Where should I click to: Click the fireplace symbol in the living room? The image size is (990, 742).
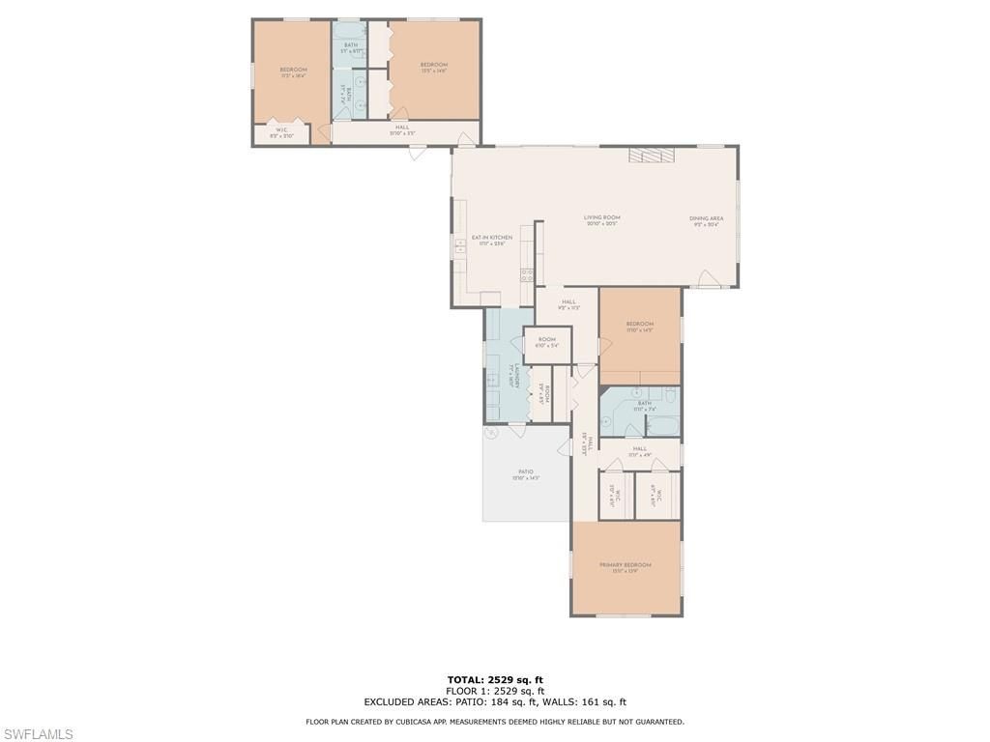coord(649,155)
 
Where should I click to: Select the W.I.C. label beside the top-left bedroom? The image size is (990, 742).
coord(281,132)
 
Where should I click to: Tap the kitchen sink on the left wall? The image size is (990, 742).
coord(459,246)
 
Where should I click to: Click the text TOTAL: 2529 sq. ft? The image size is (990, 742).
coord(494,680)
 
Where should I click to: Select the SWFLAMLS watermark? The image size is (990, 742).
coord(37,734)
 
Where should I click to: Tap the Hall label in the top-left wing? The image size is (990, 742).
coord(402,129)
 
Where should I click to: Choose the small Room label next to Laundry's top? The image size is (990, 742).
coord(547,341)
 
